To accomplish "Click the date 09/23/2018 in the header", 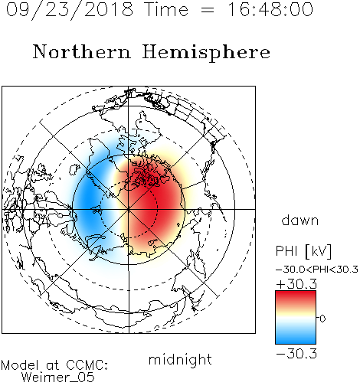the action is point(70,10).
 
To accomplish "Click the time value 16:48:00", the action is point(270,9).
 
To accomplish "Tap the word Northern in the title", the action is point(82,51).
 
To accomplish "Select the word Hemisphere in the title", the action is point(206,53).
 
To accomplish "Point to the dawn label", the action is point(300,220).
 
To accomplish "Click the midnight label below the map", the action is point(180,359).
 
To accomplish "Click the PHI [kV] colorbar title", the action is point(303,251).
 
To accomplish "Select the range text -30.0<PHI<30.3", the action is point(317,270).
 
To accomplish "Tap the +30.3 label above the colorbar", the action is point(296,284).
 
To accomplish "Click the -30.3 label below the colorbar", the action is point(296,354).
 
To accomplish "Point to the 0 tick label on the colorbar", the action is point(322,319).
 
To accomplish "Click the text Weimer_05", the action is point(58,378).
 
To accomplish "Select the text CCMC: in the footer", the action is point(87,365).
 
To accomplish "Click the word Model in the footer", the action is point(20,365).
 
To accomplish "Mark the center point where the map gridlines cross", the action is point(129,209).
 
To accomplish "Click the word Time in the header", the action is point(166,9).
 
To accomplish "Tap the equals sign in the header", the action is point(208,11).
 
